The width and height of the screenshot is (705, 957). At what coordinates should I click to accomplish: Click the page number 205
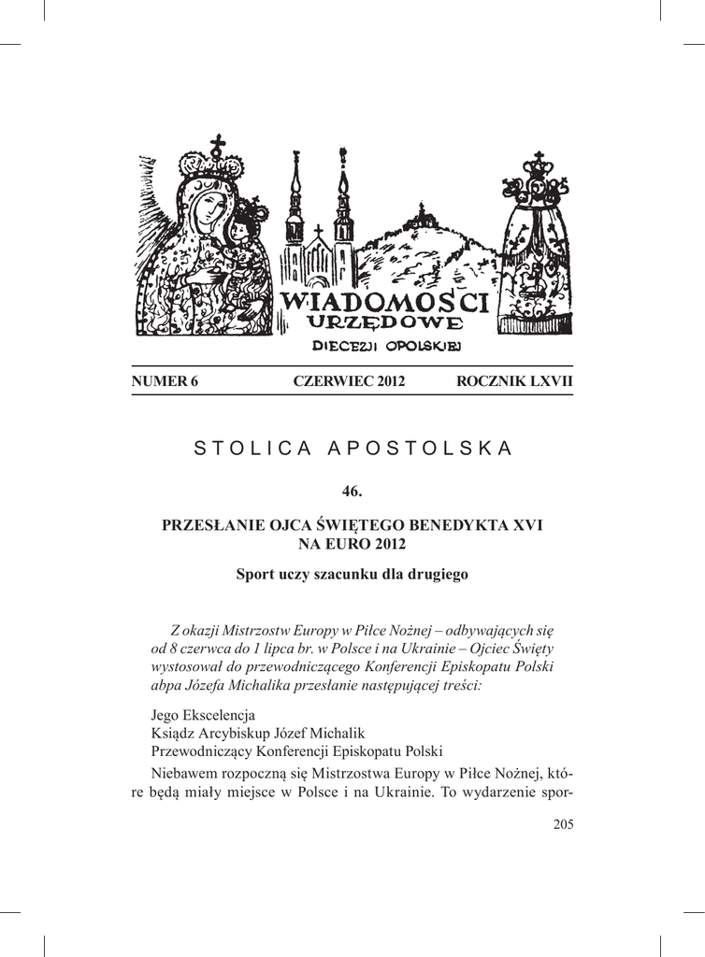(562, 823)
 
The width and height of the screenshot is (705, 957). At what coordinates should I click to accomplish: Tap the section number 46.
(352, 492)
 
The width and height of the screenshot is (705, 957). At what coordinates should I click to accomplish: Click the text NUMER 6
(165, 381)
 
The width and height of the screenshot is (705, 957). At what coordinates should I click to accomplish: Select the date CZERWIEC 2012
(349, 381)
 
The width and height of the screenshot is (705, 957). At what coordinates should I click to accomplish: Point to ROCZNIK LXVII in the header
(514, 381)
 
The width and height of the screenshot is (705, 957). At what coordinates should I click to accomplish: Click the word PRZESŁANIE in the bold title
(209, 526)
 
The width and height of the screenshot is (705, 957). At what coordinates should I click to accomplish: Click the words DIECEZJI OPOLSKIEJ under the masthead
(384, 346)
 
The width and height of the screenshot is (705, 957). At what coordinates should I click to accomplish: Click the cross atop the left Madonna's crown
(218, 144)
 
